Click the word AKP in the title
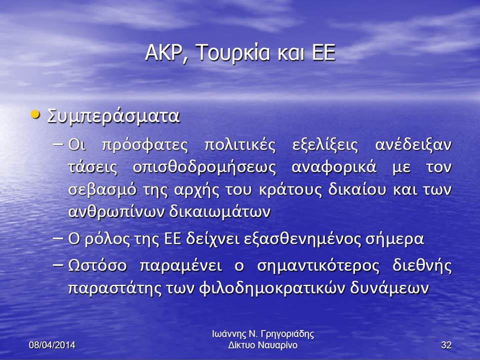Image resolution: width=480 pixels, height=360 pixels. click(x=164, y=52)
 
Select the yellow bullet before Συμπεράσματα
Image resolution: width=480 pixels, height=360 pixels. click(x=36, y=115)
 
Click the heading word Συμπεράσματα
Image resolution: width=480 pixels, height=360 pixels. click(x=113, y=116)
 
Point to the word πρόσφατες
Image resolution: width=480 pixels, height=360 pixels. click(x=144, y=145)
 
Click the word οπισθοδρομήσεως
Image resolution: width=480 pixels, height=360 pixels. click(x=204, y=167)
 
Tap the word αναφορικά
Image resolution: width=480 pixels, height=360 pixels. click(x=334, y=167)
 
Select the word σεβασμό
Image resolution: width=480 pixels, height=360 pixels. click(x=102, y=189)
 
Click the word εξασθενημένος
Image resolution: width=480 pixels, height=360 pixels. click(x=302, y=239)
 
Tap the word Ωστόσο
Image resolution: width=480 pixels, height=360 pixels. click(x=97, y=265)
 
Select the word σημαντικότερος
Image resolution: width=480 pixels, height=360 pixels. click(x=318, y=265)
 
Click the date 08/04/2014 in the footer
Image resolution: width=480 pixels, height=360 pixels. click(x=52, y=345)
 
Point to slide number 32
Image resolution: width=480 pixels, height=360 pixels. click(x=446, y=345)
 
